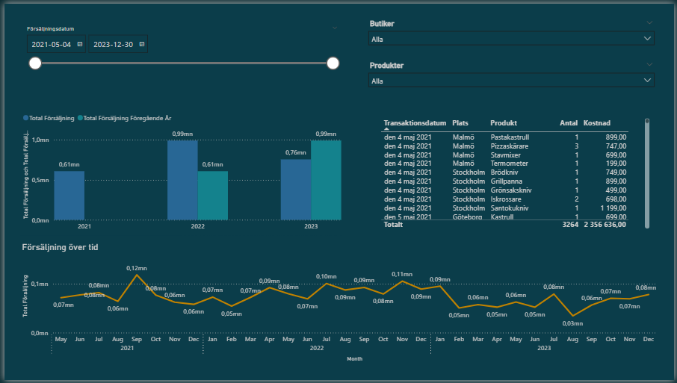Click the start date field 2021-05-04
click(x=52, y=45)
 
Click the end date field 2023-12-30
click(x=113, y=45)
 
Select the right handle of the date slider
click(x=333, y=63)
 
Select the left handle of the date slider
click(x=35, y=63)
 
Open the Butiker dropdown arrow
click(x=647, y=38)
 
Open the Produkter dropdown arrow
click(x=647, y=81)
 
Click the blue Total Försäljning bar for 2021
click(x=69, y=196)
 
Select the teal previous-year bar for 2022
click(x=213, y=196)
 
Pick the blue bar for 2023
click(x=296, y=190)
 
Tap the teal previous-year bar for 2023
click(x=326, y=180)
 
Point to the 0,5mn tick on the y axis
click(x=40, y=180)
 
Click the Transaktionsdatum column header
click(x=415, y=122)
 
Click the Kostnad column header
click(x=597, y=122)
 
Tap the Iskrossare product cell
click(x=507, y=199)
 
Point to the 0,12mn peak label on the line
click(x=137, y=268)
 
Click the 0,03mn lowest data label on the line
click(x=572, y=323)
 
